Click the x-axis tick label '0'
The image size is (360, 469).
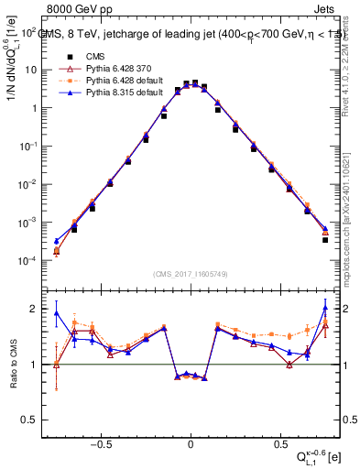pos(191,438)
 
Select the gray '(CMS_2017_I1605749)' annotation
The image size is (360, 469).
pos(191,274)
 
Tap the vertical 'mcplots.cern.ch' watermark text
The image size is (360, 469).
pos(349,220)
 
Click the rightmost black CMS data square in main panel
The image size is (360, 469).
pos(325,240)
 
